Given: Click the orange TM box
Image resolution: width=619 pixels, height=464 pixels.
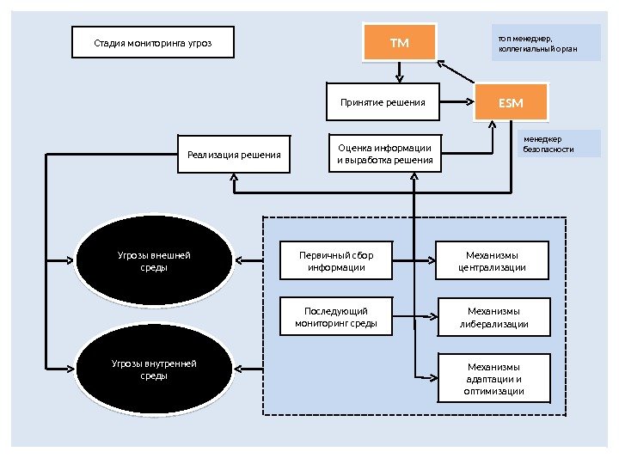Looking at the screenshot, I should (399, 43).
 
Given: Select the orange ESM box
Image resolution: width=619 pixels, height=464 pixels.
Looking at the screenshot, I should (511, 103).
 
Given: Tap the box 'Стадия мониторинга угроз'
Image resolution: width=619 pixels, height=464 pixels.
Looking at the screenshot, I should (152, 42).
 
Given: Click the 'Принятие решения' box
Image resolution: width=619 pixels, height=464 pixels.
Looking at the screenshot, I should (383, 102).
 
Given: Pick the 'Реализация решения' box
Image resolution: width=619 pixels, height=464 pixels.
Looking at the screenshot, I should (234, 155).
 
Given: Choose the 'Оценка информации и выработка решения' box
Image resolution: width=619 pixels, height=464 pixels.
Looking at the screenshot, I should (384, 154).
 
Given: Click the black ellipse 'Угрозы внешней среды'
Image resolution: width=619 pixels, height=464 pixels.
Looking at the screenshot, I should (155, 261).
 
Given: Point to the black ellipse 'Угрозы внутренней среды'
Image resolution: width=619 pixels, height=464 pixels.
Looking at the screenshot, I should (155, 369).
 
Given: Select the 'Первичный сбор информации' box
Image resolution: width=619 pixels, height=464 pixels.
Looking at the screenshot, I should (336, 261).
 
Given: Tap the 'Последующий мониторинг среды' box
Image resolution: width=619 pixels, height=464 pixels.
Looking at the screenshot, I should (336, 317).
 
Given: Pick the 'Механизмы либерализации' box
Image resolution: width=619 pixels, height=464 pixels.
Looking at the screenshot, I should (493, 318).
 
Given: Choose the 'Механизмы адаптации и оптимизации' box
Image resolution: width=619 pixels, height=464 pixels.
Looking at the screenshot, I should (493, 378).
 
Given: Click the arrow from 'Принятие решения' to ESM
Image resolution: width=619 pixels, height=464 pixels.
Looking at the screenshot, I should (457, 103).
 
